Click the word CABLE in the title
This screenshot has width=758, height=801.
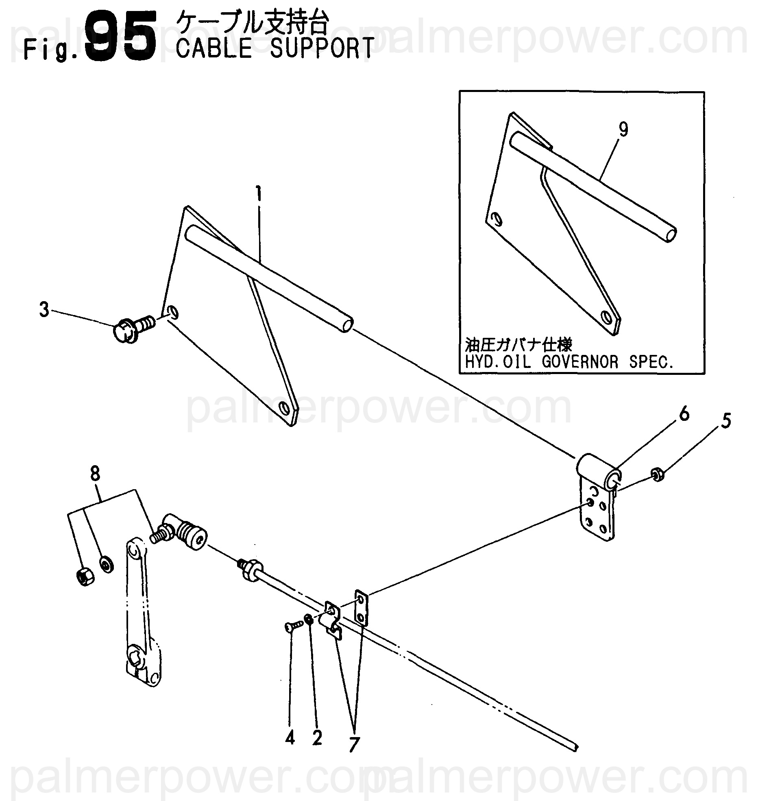tap(215, 48)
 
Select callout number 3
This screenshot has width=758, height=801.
tap(44, 310)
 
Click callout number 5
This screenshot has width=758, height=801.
tap(726, 421)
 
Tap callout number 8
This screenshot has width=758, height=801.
tap(95, 475)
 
